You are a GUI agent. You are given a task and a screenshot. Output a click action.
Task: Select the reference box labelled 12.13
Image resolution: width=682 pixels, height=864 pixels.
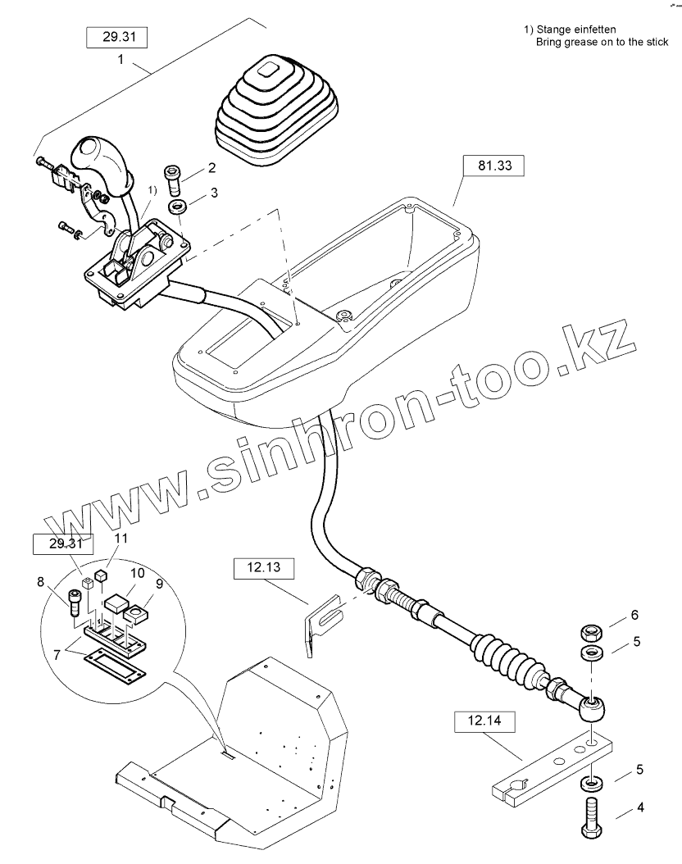(x=257, y=567)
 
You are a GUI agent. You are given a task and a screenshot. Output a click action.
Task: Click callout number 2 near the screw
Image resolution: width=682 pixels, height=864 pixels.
(x=211, y=168)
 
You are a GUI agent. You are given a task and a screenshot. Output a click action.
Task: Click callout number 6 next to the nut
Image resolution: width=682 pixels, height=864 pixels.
(x=634, y=615)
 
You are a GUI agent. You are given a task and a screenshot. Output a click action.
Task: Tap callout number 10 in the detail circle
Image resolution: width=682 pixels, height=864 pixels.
(x=135, y=571)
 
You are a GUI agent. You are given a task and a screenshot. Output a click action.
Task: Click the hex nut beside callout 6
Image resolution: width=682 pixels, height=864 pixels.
(x=590, y=633)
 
